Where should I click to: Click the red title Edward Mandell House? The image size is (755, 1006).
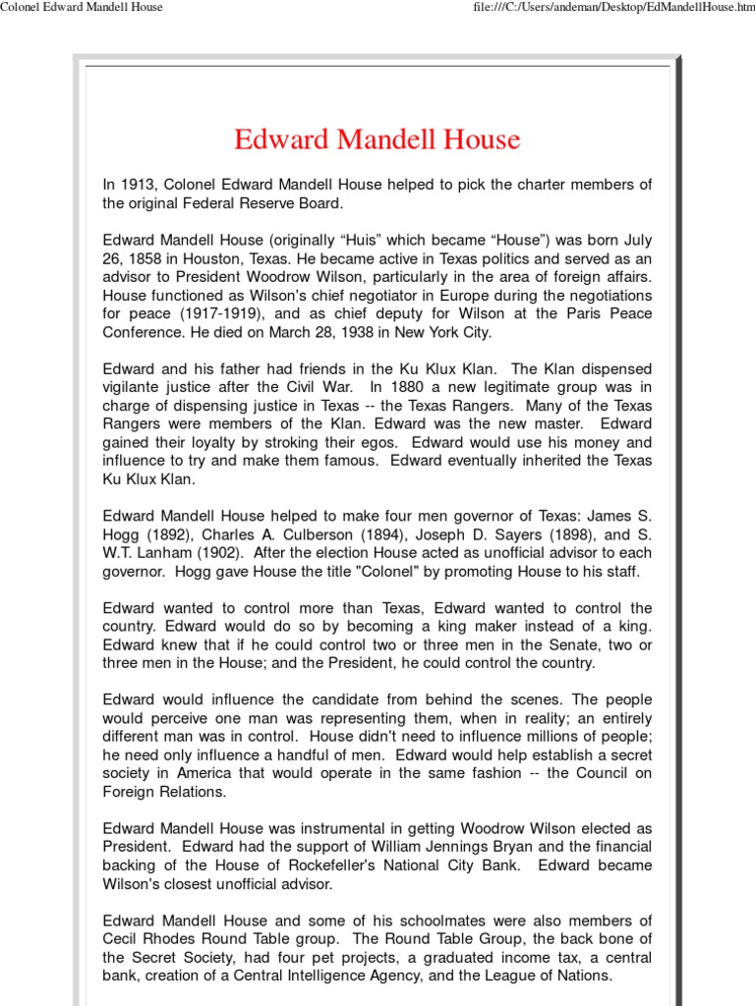[x=377, y=140]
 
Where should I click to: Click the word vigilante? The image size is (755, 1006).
[x=137, y=387]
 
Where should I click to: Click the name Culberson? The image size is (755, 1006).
[x=321, y=534]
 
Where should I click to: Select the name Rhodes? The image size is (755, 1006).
[x=169, y=939]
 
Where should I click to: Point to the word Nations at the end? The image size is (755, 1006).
[x=581, y=976]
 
